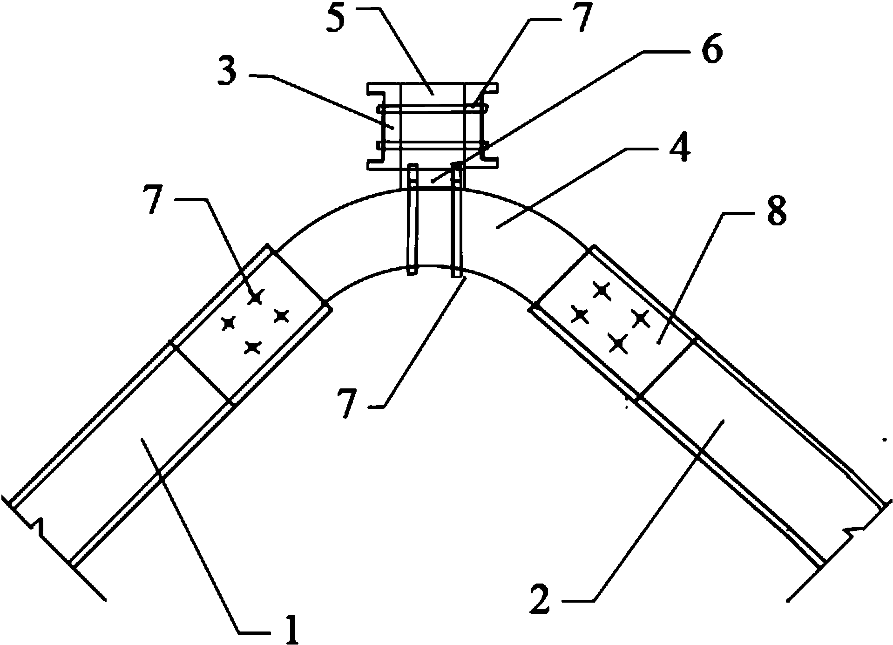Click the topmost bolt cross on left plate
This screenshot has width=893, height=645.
pyautogui.click(x=255, y=296)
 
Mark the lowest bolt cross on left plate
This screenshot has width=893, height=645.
pyautogui.click(x=252, y=347)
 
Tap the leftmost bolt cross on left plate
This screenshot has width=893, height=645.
pyautogui.click(x=228, y=322)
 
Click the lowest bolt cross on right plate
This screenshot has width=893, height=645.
pyautogui.click(x=618, y=343)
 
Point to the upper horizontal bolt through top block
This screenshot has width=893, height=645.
pyautogui.click(x=433, y=109)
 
